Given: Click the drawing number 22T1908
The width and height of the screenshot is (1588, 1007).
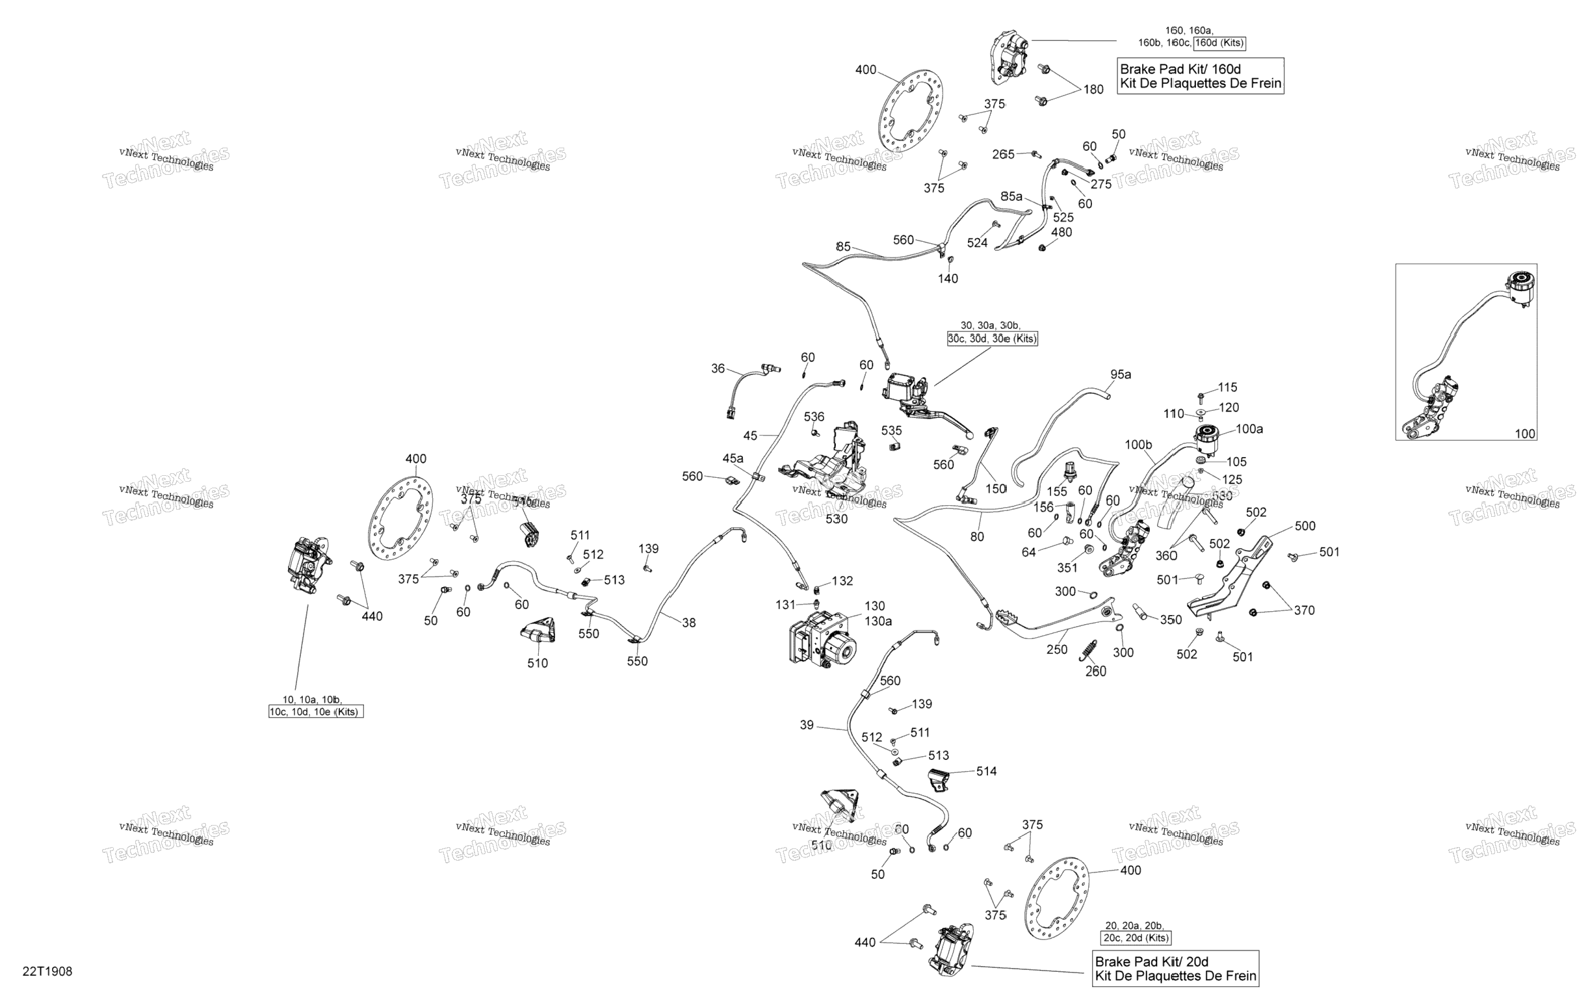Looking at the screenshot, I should [47, 971].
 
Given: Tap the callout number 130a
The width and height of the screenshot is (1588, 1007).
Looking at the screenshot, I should [878, 621].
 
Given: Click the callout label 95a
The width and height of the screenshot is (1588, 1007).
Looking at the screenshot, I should [1121, 374].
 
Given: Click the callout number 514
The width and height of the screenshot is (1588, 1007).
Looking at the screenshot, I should [987, 771].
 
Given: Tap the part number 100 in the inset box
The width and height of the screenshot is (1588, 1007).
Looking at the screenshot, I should [1526, 433].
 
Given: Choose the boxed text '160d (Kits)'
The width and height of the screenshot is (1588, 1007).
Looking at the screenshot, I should [1219, 43].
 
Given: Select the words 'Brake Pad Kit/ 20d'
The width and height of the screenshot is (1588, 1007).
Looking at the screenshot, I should [1151, 961].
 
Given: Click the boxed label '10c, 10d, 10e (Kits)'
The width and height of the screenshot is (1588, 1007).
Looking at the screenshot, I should [316, 712].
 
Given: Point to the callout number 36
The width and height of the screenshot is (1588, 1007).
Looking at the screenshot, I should [718, 369].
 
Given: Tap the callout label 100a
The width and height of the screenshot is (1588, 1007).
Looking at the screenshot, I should [1249, 429].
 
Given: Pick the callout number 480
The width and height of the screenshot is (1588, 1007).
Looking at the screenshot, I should [1061, 232].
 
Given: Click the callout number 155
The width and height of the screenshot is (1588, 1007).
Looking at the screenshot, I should [1056, 492].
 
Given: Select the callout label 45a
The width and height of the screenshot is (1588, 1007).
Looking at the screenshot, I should [733, 458].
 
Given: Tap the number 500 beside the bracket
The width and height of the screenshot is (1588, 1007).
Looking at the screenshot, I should [1305, 525].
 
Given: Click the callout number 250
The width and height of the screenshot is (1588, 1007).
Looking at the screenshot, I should [1056, 649].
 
